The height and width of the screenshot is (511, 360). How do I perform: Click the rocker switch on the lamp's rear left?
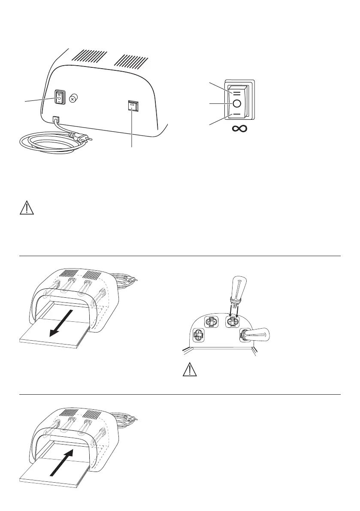[58, 98]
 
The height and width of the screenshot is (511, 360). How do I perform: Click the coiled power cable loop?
[48, 142]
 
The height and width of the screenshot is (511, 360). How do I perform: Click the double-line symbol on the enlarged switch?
[237, 92]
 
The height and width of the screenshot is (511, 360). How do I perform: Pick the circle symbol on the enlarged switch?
[237, 103]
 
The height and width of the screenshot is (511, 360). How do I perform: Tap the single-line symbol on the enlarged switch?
[237, 115]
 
